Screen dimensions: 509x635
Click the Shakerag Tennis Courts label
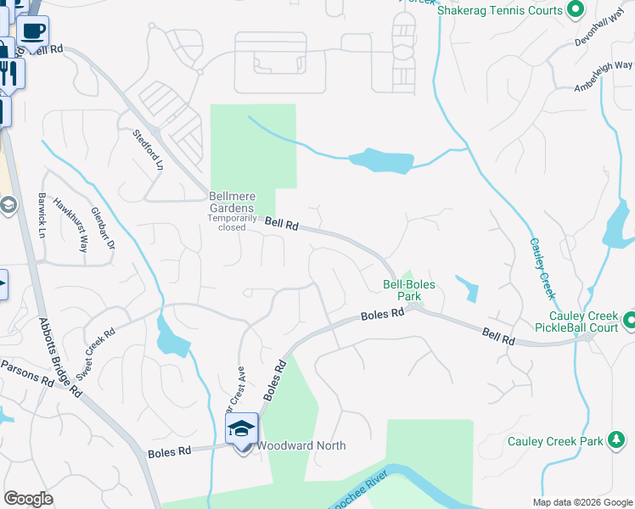(x=500, y=10)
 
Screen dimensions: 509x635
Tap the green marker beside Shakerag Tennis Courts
(x=575, y=10)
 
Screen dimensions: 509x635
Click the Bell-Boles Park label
(x=402, y=291)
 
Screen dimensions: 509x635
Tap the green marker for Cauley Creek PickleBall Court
(x=629, y=321)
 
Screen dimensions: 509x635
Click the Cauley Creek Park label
(x=554, y=441)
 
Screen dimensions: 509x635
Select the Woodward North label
(x=301, y=445)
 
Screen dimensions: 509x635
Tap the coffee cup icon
(x=33, y=31)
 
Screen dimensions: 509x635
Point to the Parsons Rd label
(x=26, y=373)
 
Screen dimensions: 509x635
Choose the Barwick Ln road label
(x=41, y=215)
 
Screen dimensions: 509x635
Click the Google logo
(x=29, y=499)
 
